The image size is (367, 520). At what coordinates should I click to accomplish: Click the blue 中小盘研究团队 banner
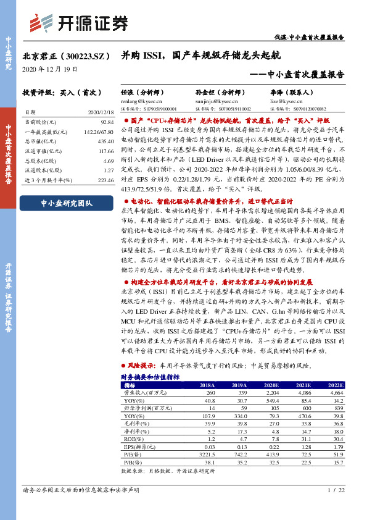tap(66, 203)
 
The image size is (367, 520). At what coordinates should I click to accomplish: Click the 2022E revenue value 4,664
tap(336, 392)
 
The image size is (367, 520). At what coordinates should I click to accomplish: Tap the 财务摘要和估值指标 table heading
tap(150, 376)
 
